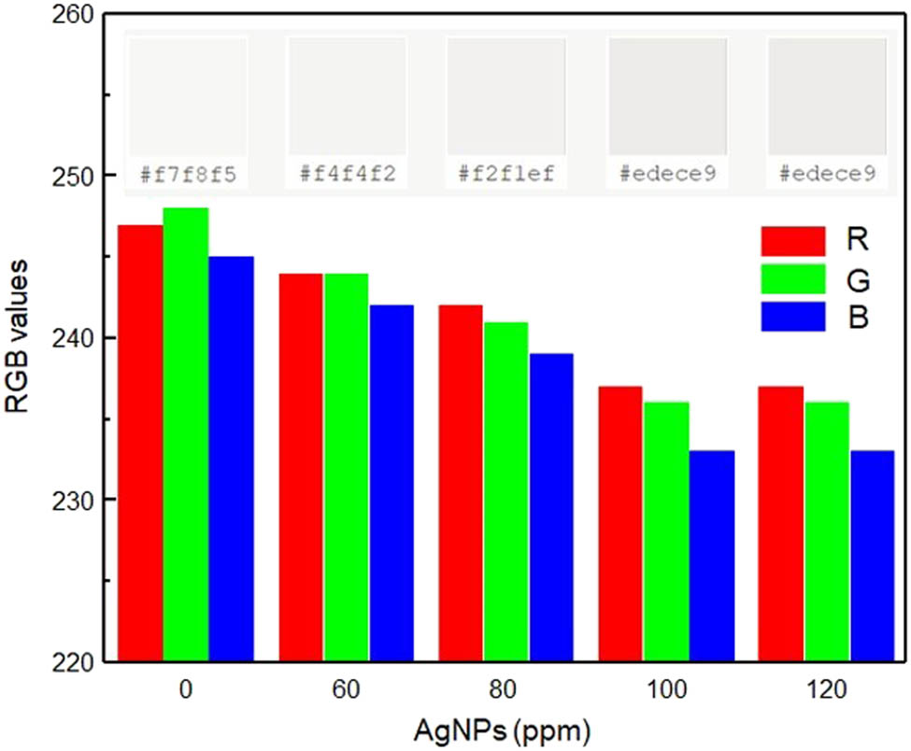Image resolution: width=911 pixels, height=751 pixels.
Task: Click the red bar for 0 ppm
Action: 140,444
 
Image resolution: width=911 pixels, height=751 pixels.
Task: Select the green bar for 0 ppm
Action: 186,435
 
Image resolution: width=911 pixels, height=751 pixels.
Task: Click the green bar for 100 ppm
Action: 666,531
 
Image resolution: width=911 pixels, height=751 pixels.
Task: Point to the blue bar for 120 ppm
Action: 872,556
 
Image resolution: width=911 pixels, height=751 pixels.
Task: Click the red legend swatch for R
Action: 793,240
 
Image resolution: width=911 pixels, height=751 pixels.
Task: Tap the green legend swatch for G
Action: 793,278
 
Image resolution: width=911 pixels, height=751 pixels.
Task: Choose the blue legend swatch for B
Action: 793,317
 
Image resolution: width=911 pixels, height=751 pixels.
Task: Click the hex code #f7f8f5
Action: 187,174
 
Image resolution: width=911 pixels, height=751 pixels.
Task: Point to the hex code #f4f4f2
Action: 347,174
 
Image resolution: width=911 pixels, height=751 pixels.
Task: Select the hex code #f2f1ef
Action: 506,174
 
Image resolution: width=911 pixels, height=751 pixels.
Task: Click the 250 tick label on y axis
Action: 76,176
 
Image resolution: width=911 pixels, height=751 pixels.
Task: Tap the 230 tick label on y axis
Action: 76,500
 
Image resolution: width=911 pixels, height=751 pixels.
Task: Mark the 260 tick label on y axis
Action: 76,15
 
